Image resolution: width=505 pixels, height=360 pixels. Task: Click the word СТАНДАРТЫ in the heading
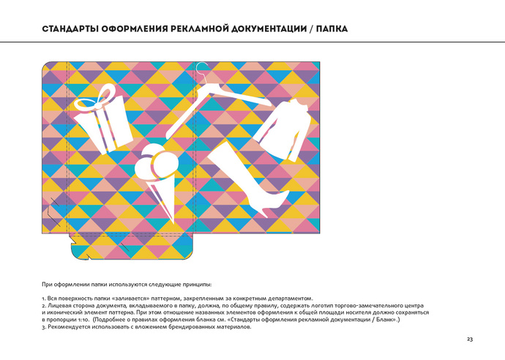[x=70, y=29]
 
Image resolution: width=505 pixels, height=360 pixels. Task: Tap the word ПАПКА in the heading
[x=332, y=29]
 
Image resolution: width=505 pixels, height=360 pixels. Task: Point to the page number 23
[x=470, y=339]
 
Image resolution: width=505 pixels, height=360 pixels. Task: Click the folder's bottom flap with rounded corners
[x=132, y=247]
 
